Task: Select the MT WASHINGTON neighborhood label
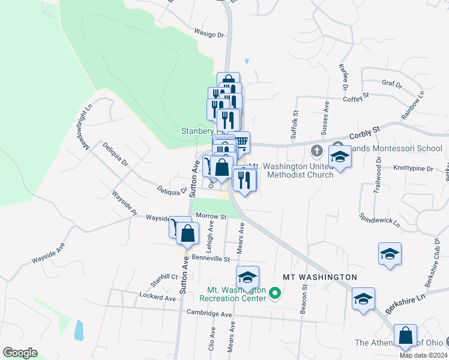point(320,277)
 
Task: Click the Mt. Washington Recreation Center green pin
point(276,293)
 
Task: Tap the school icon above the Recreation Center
point(247,277)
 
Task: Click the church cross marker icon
point(317,150)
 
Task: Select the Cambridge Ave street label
point(209,313)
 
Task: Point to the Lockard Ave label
point(157,298)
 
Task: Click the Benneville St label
point(211,259)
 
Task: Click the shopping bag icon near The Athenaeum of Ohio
point(405,335)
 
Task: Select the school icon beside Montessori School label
point(340,157)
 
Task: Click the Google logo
point(20,352)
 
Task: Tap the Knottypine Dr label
point(414,169)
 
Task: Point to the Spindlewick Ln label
point(379,218)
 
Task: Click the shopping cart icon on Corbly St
point(241,143)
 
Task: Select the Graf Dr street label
point(391,84)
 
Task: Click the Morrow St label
point(214,217)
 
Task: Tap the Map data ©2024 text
point(423,355)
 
